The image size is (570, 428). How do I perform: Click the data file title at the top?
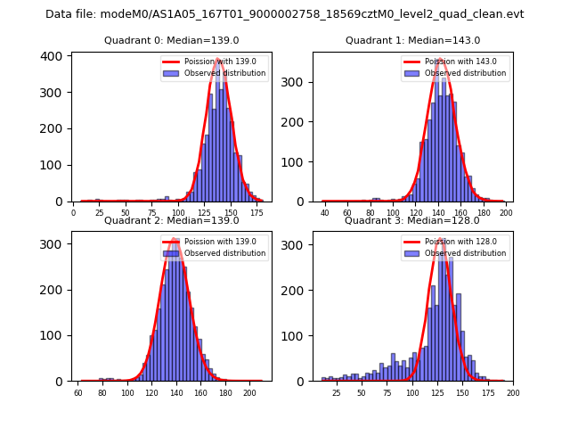point(285,14)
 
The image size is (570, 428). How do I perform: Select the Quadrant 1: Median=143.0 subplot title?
point(412,40)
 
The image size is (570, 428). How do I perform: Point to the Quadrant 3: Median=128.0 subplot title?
point(412,220)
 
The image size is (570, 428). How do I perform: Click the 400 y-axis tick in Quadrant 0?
point(54,56)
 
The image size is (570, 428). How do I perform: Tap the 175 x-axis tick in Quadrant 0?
point(257,213)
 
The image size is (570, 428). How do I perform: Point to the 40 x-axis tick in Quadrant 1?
point(325,213)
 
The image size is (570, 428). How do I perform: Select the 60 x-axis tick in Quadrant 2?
point(78,392)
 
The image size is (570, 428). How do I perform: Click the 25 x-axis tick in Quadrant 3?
point(336,392)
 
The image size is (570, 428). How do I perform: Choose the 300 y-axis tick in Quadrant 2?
point(54,243)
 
